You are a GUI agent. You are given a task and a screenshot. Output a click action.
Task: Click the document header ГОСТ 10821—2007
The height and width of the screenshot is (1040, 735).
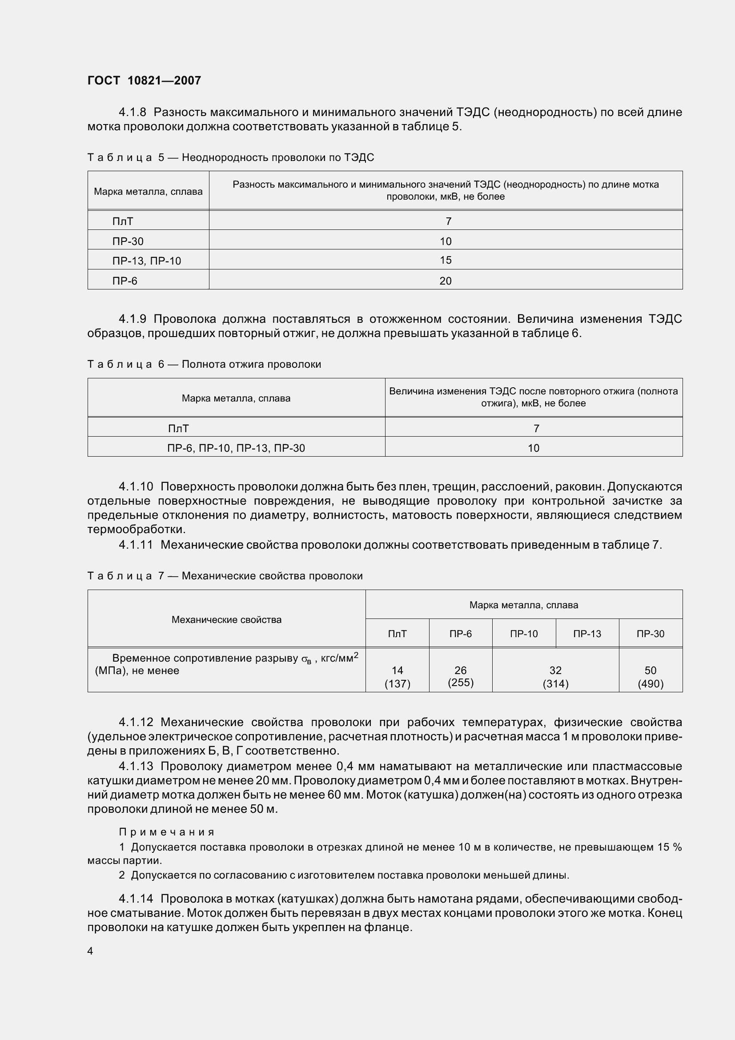(144, 80)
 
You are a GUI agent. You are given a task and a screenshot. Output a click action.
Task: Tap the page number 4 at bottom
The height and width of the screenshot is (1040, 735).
(90, 951)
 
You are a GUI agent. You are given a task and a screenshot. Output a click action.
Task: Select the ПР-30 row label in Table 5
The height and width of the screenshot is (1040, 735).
(128, 241)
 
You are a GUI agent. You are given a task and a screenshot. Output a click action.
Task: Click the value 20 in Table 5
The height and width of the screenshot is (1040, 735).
(445, 281)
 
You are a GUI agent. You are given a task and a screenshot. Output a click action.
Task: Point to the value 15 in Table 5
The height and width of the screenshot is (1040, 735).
(445, 260)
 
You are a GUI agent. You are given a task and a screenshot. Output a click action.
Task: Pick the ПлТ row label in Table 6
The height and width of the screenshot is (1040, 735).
(178, 428)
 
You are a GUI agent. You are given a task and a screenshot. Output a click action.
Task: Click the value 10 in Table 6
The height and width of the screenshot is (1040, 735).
(533, 448)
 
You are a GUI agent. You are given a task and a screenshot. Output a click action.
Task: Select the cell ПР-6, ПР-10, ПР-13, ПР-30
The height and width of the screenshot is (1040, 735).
(236, 448)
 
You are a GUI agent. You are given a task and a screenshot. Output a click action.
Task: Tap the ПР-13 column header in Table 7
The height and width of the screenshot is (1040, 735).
(587, 634)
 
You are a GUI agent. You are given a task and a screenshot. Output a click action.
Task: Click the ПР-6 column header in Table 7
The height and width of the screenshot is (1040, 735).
(460, 634)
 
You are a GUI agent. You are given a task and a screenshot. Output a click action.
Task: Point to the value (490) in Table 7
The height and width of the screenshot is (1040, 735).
(651, 683)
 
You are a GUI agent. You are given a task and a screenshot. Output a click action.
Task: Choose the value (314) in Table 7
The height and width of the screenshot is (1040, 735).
(555, 683)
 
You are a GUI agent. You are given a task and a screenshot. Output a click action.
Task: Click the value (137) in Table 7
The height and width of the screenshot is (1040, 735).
(397, 683)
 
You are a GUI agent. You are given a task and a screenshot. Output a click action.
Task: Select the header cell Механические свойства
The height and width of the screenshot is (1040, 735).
(226, 620)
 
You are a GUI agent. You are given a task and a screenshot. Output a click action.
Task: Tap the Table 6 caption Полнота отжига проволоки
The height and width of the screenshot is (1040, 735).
(251, 364)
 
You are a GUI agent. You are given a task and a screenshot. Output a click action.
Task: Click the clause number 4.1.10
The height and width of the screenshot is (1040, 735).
(136, 486)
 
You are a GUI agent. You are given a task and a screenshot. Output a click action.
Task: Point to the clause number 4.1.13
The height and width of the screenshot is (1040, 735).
(136, 767)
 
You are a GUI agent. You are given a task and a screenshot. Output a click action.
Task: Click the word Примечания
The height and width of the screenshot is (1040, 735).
(166, 831)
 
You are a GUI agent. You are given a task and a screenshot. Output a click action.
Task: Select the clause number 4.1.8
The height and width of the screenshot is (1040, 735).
(133, 112)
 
